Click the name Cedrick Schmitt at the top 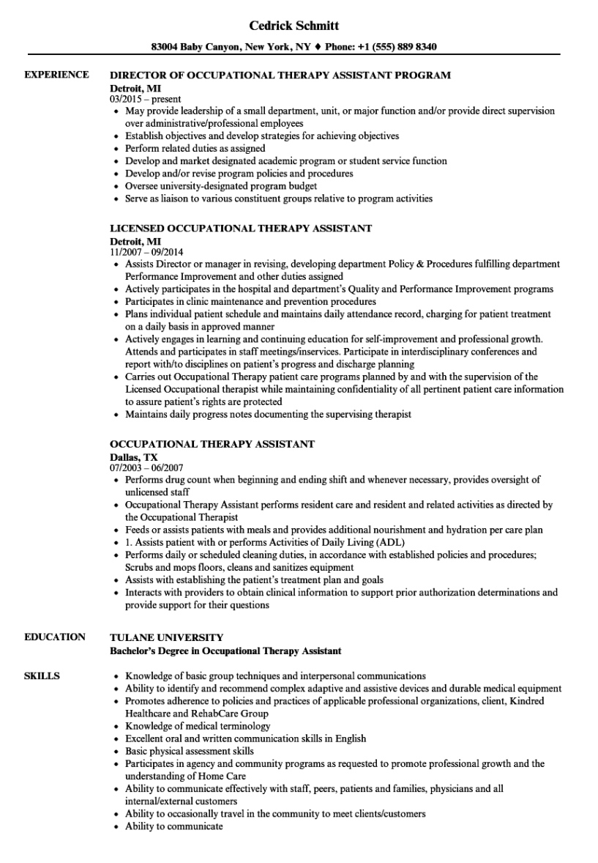(x=294, y=26)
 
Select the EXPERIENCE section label (x=56, y=75)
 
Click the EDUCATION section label (x=55, y=637)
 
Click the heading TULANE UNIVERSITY (x=167, y=637)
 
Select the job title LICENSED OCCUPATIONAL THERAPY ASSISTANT (x=241, y=228)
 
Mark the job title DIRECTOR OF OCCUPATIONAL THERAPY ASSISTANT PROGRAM (x=280, y=75)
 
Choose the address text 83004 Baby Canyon (x=194, y=47)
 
